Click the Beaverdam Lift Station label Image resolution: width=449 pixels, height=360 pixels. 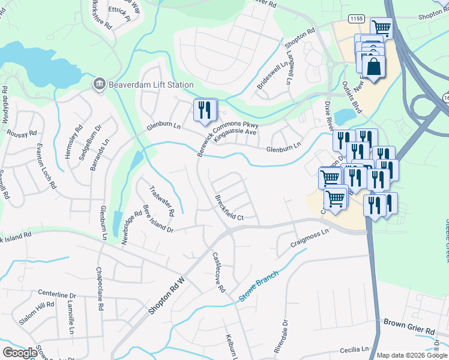(x=151, y=85)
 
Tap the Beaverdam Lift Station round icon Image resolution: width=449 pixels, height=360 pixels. (x=100, y=85)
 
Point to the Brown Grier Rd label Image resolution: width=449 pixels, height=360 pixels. (x=409, y=331)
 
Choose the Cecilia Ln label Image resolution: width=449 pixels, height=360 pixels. (x=354, y=349)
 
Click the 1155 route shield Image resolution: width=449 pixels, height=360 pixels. (x=357, y=19)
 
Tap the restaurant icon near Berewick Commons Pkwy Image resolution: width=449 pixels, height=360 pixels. (x=205, y=109)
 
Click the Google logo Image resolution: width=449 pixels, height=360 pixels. (x=20, y=353)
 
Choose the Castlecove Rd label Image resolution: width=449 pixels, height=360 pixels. (x=218, y=271)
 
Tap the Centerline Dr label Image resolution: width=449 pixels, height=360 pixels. (x=58, y=295)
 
